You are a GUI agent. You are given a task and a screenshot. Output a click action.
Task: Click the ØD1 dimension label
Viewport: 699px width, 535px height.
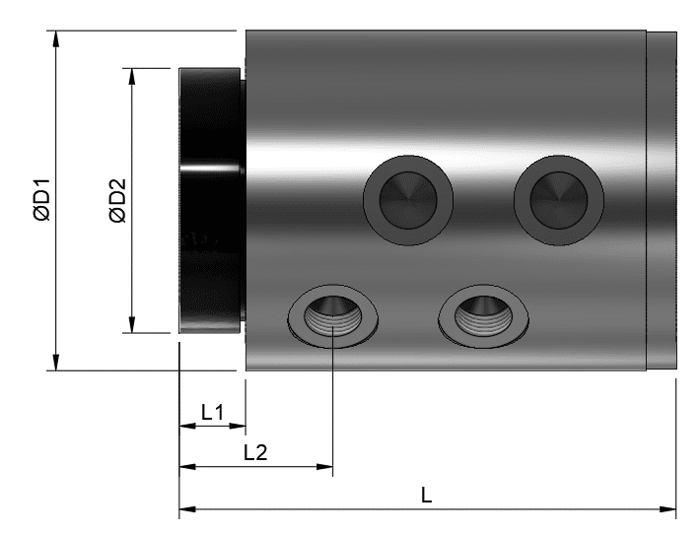[42, 200]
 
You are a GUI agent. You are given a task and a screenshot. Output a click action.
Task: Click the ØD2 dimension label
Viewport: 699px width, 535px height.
[117, 200]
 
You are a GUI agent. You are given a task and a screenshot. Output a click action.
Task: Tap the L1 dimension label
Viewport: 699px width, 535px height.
[212, 413]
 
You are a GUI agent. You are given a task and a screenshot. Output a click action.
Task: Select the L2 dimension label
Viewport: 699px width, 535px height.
[255, 453]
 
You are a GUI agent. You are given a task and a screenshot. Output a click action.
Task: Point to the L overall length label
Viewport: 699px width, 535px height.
[427, 495]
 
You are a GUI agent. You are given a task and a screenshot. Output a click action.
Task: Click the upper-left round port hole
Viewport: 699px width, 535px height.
[408, 200]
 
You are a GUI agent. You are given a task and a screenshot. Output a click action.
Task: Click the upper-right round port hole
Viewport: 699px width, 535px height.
[559, 200]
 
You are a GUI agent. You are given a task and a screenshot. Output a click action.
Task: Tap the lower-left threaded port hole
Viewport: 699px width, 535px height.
[332, 316]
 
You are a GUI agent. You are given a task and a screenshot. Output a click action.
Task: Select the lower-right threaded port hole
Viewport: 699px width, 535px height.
[484, 316]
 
